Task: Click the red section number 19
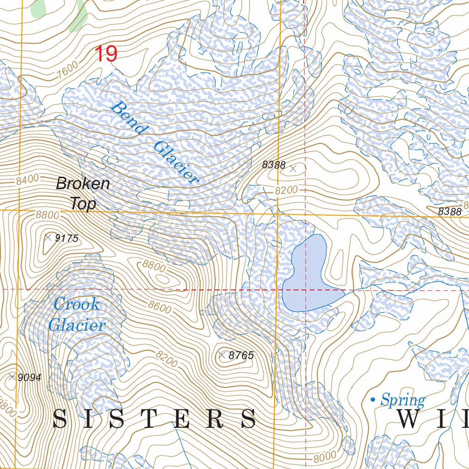tap(106, 54)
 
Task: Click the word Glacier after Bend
tap(176, 163)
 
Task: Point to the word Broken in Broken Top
tap(83, 184)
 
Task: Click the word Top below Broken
tap(83, 204)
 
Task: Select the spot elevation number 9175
tap(67, 238)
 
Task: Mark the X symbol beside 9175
tap(48, 237)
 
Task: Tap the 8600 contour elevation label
tap(160, 306)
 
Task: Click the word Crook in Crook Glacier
tap(76, 304)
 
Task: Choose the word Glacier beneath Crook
tap(77, 326)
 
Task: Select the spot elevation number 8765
tap(241, 355)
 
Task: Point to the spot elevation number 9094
tap(29, 377)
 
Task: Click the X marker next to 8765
tap(222, 355)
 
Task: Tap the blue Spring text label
tap(403, 401)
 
